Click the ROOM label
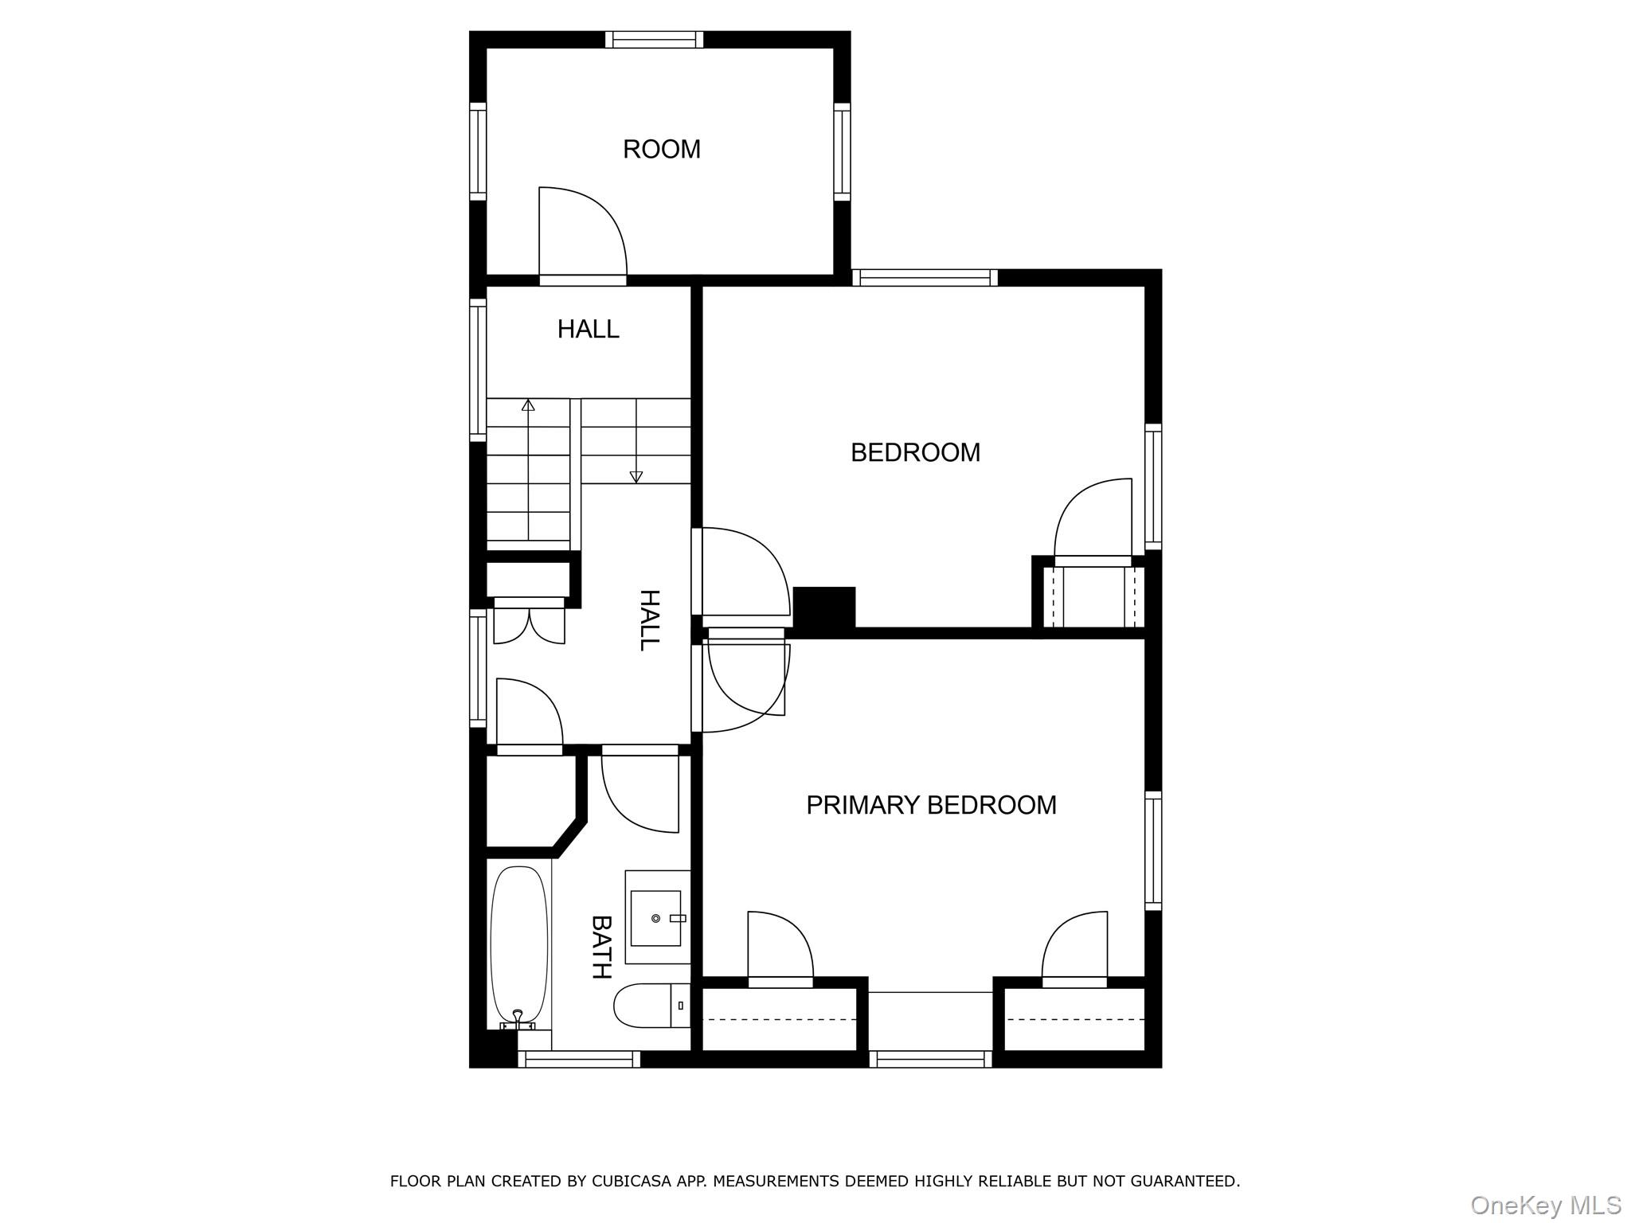coord(661,150)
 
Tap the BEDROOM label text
coord(915,452)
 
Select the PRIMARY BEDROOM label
coord(931,805)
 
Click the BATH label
coord(601,947)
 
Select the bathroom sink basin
coord(655,918)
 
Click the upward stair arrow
coord(528,406)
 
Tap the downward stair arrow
coord(636,475)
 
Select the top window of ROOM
coord(654,39)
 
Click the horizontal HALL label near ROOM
coord(588,329)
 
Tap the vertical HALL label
coord(651,620)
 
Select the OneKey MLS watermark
coord(1545,1205)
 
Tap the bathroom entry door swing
coord(639,792)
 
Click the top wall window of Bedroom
coord(925,278)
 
